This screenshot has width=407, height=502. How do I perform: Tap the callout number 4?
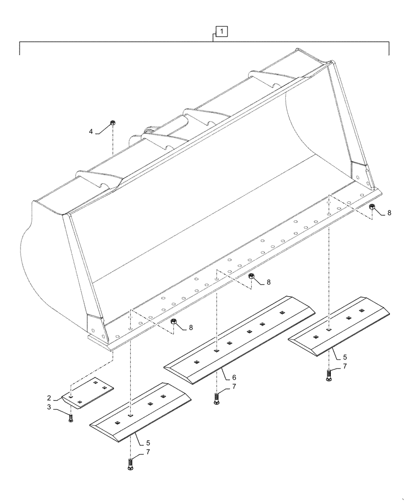tap(91, 132)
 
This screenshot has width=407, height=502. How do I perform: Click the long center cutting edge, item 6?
tap(240, 339)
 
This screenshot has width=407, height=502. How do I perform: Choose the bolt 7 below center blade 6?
tap(217, 399)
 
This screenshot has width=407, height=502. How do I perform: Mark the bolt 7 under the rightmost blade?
tap(329, 374)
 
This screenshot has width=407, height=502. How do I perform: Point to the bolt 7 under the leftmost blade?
tap(131, 463)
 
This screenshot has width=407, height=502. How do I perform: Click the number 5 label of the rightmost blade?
tap(345, 357)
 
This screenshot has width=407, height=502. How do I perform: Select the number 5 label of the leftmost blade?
tap(148, 443)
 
